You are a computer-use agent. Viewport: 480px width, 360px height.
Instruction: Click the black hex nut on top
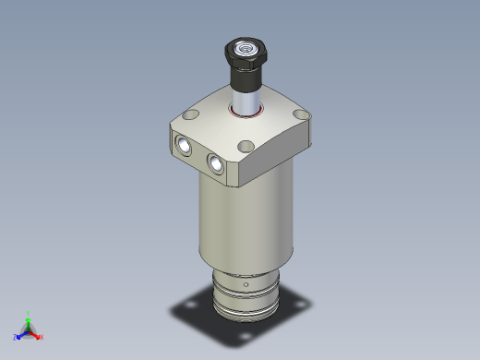click(246, 54)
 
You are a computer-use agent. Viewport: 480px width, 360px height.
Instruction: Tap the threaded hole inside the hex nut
click(246, 44)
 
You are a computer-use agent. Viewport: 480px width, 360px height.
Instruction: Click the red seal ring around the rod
click(246, 112)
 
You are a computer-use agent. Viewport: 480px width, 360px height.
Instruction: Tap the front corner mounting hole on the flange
click(246, 146)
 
